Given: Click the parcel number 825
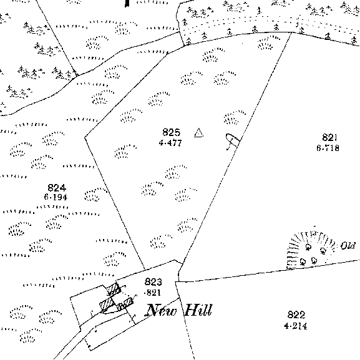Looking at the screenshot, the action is pyautogui.click(x=172, y=132).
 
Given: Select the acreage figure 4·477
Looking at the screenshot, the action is pyautogui.click(x=170, y=143).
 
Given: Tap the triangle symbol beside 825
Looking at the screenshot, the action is pyautogui.click(x=198, y=133).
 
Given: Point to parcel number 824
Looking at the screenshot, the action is pyautogui.click(x=57, y=188).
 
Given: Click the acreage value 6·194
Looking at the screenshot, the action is pyautogui.click(x=56, y=197).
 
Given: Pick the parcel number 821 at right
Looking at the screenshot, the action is pyautogui.click(x=329, y=137).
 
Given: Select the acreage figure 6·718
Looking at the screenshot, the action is pyautogui.click(x=328, y=148).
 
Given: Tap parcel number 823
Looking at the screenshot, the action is pyautogui.click(x=153, y=282).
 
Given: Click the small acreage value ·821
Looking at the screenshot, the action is pyautogui.click(x=152, y=293).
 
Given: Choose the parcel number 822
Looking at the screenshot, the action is pyautogui.click(x=296, y=314).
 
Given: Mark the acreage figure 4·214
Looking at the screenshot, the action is pyautogui.click(x=296, y=326).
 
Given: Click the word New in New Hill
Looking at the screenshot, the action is pyautogui.click(x=162, y=310).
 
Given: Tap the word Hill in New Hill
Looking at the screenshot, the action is pyautogui.click(x=198, y=309).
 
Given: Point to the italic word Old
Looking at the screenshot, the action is pyautogui.click(x=348, y=246).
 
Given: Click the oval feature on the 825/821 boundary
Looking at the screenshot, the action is pyautogui.click(x=233, y=140).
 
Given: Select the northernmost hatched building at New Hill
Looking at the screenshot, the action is pyautogui.click(x=114, y=289).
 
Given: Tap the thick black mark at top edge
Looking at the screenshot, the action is pyautogui.click(x=127, y=3).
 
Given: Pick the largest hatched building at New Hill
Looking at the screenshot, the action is pyautogui.click(x=107, y=304).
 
